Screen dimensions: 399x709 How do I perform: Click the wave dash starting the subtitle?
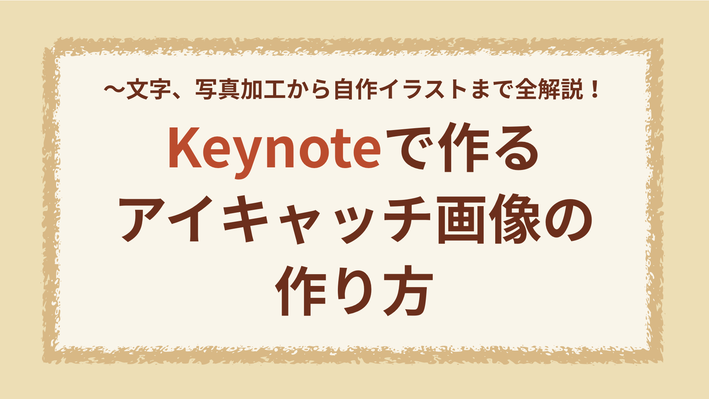tap(114, 90)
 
